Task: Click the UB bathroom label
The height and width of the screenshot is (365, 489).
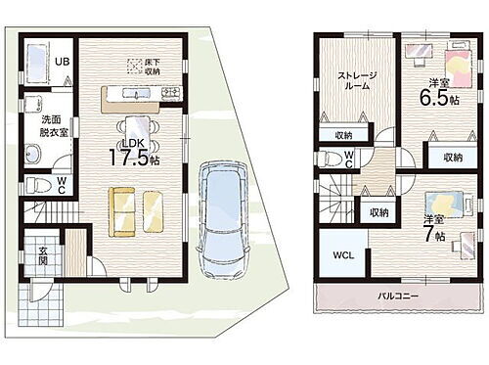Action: [61, 62]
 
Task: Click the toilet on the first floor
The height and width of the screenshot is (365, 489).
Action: [36, 185]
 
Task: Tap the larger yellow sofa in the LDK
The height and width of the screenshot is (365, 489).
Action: [123, 208]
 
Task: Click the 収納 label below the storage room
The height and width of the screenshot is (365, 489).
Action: [342, 135]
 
